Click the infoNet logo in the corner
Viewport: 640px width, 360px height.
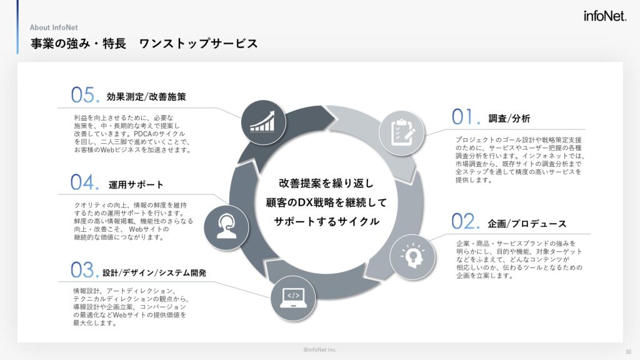(x=604, y=16)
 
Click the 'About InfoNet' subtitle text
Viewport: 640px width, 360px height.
(x=54, y=27)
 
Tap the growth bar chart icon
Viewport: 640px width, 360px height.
(x=263, y=122)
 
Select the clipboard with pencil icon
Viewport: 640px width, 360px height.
(x=402, y=132)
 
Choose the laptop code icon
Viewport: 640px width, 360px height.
(x=293, y=298)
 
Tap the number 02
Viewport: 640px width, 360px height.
(x=465, y=222)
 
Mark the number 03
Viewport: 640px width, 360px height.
(x=84, y=270)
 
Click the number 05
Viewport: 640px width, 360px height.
(x=85, y=95)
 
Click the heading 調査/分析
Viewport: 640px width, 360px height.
(x=509, y=119)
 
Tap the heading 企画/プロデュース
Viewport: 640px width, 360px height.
(x=527, y=224)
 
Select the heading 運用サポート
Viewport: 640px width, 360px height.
(x=136, y=185)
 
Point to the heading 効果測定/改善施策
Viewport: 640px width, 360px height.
(x=146, y=97)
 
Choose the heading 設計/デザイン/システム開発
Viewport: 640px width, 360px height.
(x=154, y=272)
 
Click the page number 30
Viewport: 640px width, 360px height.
(x=627, y=352)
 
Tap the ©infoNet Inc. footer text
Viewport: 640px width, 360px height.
(x=319, y=350)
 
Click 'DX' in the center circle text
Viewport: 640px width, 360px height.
(x=305, y=202)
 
